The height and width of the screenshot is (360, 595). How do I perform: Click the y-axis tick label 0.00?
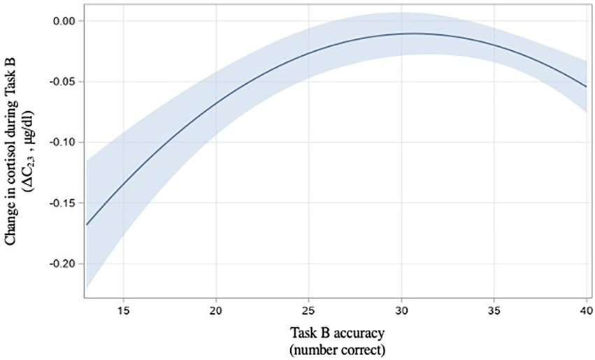(64, 21)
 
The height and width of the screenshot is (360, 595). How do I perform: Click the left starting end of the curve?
(87, 224)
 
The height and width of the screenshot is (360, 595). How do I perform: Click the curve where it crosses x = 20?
(216, 102)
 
